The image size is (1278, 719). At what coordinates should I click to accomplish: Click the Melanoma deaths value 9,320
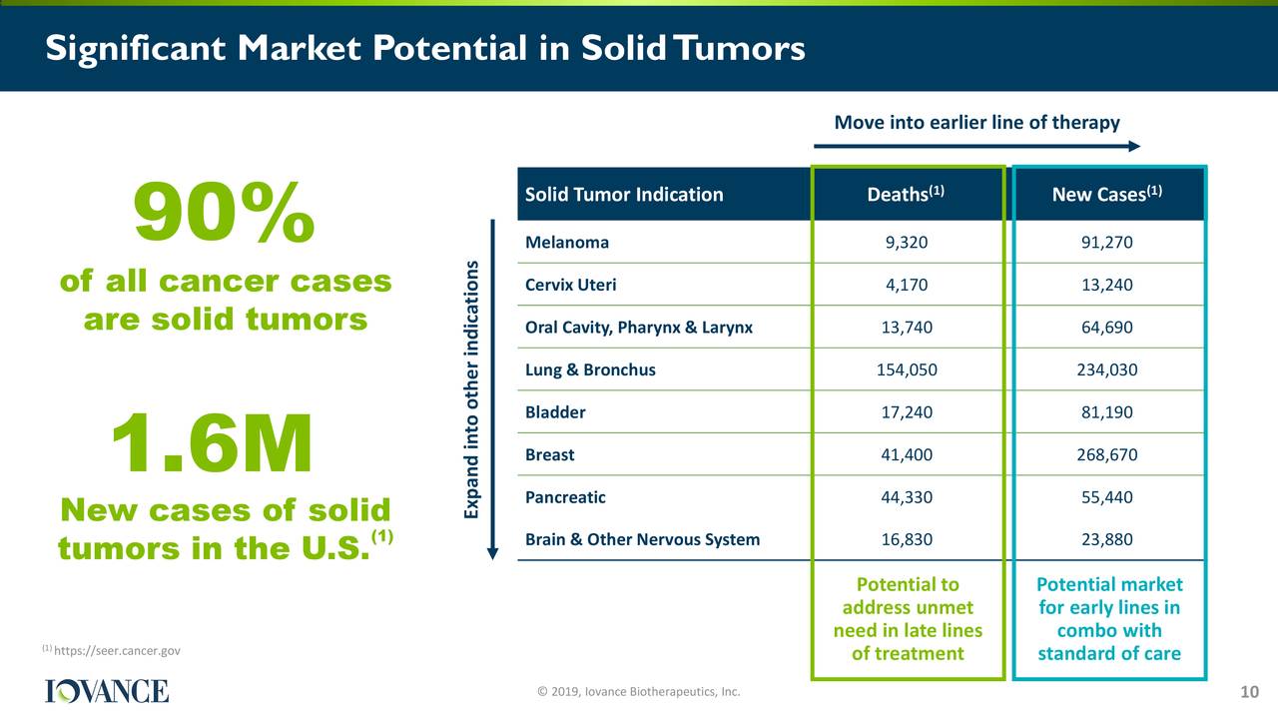pos(906,243)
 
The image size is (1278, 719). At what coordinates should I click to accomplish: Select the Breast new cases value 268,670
pos(1107,454)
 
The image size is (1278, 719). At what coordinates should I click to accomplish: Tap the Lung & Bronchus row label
pos(590,369)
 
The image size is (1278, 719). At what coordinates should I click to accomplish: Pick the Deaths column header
pos(906,194)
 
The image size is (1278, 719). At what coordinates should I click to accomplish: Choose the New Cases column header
pos(1107,194)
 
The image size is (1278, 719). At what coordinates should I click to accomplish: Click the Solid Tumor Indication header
pos(624,195)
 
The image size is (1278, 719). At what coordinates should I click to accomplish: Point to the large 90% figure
pos(224,212)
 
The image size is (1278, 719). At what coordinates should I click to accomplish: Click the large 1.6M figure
pos(212,442)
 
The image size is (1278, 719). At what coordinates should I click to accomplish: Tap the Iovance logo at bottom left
pos(107,691)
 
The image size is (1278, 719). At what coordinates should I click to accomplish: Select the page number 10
pos(1249,692)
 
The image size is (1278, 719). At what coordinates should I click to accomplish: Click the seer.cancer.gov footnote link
pos(117,650)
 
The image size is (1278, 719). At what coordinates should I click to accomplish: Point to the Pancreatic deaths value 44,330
pos(907,497)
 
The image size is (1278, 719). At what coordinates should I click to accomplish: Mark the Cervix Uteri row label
pos(570,285)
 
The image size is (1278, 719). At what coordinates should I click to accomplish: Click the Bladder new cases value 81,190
pos(1107,412)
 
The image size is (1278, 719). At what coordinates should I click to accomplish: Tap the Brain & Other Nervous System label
pos(642,540)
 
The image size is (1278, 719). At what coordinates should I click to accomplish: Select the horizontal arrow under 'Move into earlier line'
pos(976,146)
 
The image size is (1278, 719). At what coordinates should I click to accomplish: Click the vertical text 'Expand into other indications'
pos(471,389)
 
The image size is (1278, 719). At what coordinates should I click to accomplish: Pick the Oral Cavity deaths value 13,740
pos(907,328)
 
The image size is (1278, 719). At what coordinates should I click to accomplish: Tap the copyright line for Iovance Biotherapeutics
pos(639,692)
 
